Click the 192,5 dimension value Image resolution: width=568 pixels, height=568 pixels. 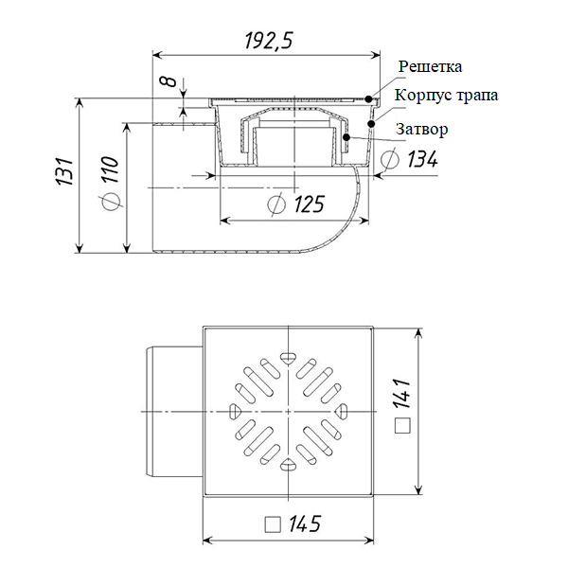click(269, 40)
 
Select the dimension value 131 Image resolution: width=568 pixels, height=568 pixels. click(64, 171)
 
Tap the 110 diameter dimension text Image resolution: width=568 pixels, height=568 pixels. click(110, 169)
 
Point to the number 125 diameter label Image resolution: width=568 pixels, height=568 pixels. click(309, 204)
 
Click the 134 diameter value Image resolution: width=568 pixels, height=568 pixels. click(423, 159)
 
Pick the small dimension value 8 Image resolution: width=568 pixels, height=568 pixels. click(169, 81)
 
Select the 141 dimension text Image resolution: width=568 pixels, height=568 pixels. click(402, 394)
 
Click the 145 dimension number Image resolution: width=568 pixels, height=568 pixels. click(305, 524)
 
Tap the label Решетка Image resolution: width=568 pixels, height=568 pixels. click(431, 66)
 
